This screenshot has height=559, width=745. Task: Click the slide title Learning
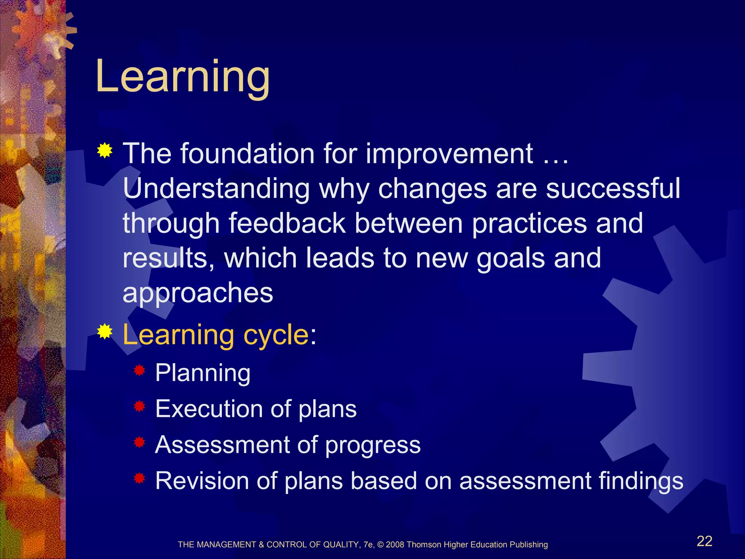tap(183, 77)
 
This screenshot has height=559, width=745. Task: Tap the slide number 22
tap(704, 541)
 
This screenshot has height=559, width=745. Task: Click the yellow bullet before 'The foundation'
tap(104, 151)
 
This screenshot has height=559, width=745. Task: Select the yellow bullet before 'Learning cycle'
tap(104, 331)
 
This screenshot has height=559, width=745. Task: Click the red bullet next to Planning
tap(139, 371)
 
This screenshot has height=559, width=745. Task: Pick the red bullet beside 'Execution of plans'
tap(139, 407)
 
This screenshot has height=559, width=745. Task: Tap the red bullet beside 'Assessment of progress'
tap(139, 443)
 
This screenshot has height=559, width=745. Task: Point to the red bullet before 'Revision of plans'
tap(139, 479)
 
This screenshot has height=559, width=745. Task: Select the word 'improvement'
tap(449, 154)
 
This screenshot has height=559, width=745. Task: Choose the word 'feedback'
tap(287, 223)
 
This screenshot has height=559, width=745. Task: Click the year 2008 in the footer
tap(395, 545)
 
